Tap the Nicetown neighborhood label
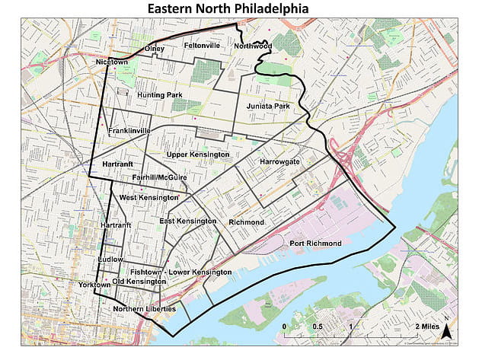(112, 62)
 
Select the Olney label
(154, 49)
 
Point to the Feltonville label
(202, 46)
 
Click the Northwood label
(253, 46)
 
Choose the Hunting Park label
(160, 95)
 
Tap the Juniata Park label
(267, 106)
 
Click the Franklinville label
(129, 131)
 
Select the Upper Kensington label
(198, 155)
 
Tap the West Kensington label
(144, 198)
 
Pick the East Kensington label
(188, 221)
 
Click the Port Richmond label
(315, 244)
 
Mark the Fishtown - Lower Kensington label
(180, 272)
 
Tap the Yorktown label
(94, 285)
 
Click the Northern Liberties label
(144, 309)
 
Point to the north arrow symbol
(448, 329)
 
